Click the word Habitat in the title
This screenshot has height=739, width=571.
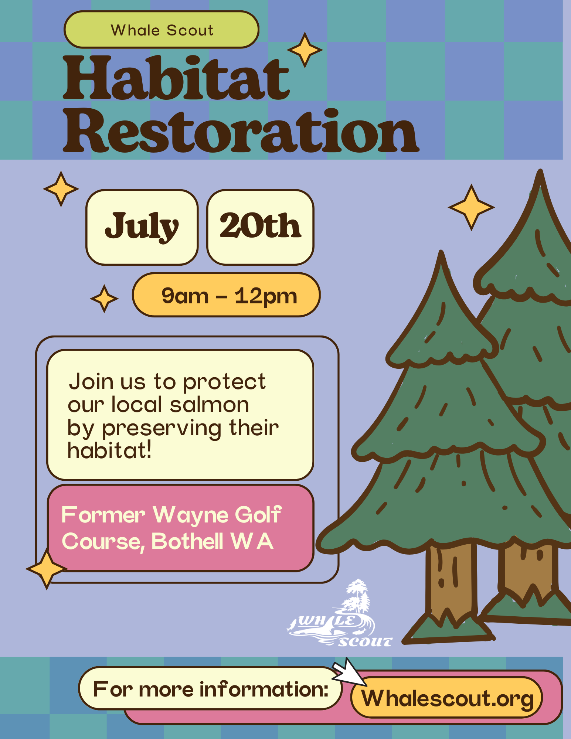(x=176, y=78)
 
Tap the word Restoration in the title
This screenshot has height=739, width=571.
(x=241, y=131)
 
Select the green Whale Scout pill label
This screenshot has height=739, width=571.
(x=162, y=30)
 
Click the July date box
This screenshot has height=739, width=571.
(x=142, y=227)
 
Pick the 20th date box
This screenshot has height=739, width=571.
(x=260, y=227)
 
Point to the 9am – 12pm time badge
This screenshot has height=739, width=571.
(x=226, y=295)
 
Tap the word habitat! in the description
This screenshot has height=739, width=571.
(x=109, y=450)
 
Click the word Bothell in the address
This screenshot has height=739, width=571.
(x=187, y=541)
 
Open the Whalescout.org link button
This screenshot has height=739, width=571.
(x=447, y=698)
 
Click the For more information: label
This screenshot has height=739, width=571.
(x=211, y=689)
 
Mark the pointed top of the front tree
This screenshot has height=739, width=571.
(x=441, y=252)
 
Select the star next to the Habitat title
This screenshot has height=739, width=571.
(x=305, y=50)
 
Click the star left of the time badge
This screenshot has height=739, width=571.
(x=104, y=299)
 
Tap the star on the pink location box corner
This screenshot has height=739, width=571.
(x=47, y=569)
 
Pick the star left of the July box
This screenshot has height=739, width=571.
(x=61, y=189)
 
